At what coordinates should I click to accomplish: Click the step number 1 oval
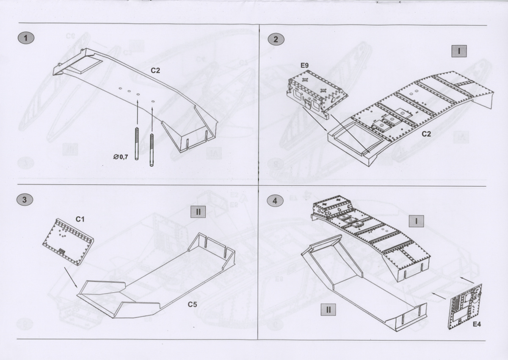tap(26, 38)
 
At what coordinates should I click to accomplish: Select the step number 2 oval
tap(276, 39)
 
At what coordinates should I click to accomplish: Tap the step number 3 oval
tap(25, 200)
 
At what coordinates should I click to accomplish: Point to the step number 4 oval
tap(275, 201)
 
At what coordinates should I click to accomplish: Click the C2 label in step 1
tap(155, 71)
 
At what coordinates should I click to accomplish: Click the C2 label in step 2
tap(426, 134)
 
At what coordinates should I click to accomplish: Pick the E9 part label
tap(304, 65)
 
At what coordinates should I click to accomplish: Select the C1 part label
tap(80, 219)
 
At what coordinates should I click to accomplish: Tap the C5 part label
tap(192, 305)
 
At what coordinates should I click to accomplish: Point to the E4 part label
tap(477, 324)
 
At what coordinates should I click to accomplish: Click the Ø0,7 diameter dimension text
tap(121, 157)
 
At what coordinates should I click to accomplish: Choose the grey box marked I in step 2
tap(459, 51)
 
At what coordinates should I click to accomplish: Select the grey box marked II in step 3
tap(198, 212)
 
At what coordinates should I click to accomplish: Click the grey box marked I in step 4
tap(416, 221)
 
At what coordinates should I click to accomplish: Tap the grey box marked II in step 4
tap(328, 310)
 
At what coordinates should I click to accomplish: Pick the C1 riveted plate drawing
tap(68, 242)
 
